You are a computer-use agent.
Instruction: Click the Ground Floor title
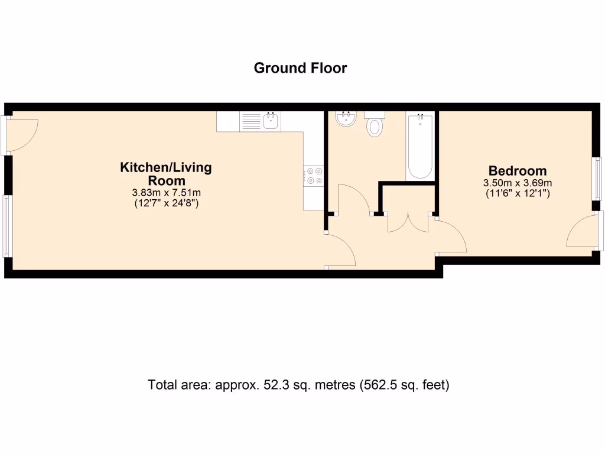coord(300,68)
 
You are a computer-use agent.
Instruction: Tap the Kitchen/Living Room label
coord(166,174)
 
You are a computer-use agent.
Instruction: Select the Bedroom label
coord(517,171)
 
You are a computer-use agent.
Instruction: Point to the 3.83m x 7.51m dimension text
coord(166,193)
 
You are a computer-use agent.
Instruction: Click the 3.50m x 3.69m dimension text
coord(517,183)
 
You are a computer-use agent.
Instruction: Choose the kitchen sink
coord(271,122)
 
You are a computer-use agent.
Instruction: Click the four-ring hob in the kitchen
coord(313,176)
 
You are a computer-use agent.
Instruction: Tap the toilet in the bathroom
coord(375,125)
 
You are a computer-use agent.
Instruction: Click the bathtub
coord(420,146)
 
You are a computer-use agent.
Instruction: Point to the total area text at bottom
coord(299,385)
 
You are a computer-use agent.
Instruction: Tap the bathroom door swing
coord(353,199)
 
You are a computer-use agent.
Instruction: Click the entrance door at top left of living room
coord(22,134)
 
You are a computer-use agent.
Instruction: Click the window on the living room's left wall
coord(7,225)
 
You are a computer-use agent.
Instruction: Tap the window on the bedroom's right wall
coord(597,178)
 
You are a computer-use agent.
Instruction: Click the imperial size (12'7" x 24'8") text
coord(166,203)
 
